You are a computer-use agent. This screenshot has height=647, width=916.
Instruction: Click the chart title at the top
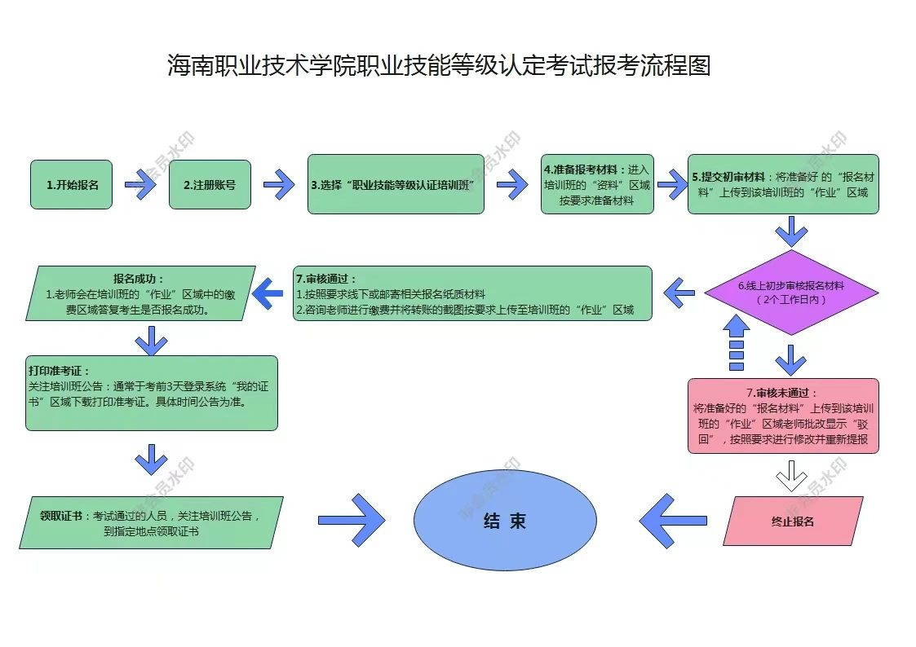[x=439, y=65]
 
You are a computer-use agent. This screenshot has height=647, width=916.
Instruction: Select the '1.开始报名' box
[x=72, y=184]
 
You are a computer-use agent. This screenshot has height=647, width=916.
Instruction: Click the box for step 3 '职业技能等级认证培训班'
[x=396, y=184]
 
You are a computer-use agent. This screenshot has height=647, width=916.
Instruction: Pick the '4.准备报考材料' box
[x=597, y=184]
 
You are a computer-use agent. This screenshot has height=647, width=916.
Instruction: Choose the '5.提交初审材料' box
[x=783, y=184]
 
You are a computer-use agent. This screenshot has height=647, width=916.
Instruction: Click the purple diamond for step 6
[x=790, y=293]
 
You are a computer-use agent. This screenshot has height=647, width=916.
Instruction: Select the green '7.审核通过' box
[x=473, y=293]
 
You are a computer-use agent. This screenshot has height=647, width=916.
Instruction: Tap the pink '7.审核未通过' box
[x=783, y=416]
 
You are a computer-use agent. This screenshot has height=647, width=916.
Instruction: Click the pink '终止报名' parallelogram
[x=793, y=521]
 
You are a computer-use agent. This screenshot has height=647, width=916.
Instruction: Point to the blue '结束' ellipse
[x=505, y=521]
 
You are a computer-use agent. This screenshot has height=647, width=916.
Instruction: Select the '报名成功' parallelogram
[x=140, y=293]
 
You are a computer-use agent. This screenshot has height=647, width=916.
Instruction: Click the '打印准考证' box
[x=151, y=393]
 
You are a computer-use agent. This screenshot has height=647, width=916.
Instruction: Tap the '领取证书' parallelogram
[x=151, y=522]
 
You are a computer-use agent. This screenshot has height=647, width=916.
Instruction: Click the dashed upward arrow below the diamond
[x=736, y=341]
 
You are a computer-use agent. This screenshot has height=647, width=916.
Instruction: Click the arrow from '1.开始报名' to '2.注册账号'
[x=140, y=185]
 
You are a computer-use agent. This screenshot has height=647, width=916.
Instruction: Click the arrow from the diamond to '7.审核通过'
[x=679, y=291]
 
